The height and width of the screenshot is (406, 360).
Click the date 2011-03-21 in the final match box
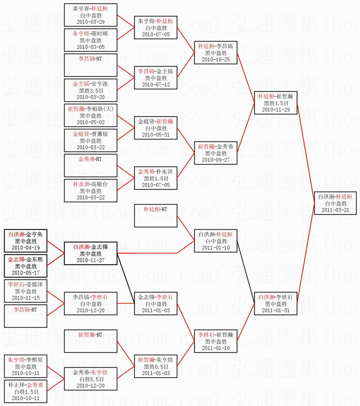pyautogui.click(x=336, y=210)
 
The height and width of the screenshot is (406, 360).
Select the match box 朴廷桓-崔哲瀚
pyautogui.click(x=276, y=103)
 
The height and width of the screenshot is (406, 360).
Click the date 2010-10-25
pyautogui.click(x=216, y=59)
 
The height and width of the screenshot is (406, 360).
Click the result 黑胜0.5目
pyautogui.click(x=156, y=367)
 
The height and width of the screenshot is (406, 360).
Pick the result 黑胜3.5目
pyautogui.click(x=91, y=91)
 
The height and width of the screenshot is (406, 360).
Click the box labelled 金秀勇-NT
pyautogui.click(x=91, y=166)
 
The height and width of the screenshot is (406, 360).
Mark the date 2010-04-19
pyautogui.click(x=26, y=247)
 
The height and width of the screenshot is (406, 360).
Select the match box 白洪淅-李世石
pyautogui.click(x=276, y=304)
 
